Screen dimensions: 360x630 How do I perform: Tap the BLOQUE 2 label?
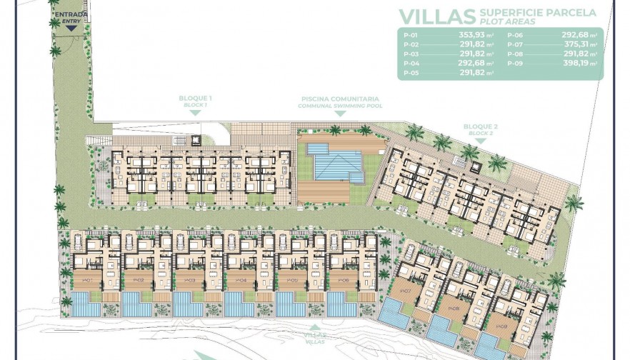pos(480,128)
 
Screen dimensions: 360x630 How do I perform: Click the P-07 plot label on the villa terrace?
pos(405,291)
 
